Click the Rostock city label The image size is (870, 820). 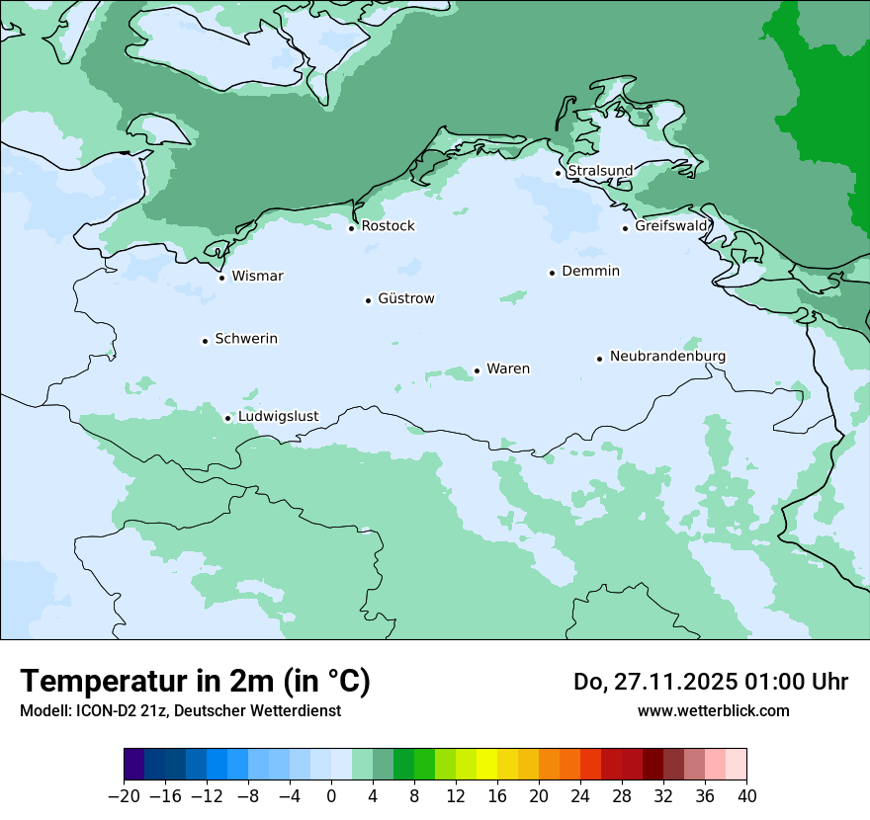pyautogui.click(x=388, y=226)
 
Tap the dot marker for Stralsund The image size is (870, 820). pyautogui.click(x=558, y=173)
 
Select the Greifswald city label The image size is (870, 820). pyautogui.click(x=671, y=226)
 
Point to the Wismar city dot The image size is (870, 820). pyautogui.click(x=221, y=278)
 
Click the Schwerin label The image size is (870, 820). pyautogui.click(x=246, y=339)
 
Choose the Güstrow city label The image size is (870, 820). pyautogui.click(x=405, y=298)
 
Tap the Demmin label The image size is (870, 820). pyautogui.click(x=590, y=271)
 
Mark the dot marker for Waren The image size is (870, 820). pyautogui.click(x=477, y=370)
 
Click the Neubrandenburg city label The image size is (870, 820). pyautogui.click(x=667, y=356)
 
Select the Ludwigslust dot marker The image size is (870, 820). pyautogui.click(x=227, y=418)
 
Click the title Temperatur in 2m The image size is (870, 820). pyautogui.click(x=195, y=681)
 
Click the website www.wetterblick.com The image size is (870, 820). pyautogui.click(x=713, y=710)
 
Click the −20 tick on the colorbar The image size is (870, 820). pyautogui.click(x=124, y=795)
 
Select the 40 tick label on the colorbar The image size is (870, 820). pyautogui.click(x=746, y=795)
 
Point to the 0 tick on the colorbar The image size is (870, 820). pyautogui.click(x=331, y=795)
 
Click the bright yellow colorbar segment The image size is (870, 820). pyautogui.click(x=486, y=765)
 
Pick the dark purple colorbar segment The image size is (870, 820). pyautogui.click(x=134, y=765)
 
